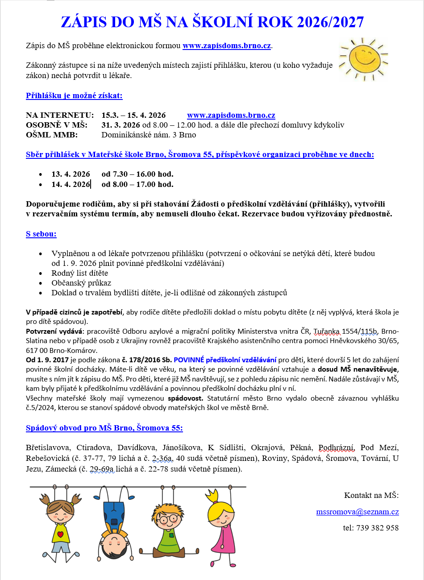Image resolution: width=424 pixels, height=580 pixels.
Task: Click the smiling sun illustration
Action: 362,59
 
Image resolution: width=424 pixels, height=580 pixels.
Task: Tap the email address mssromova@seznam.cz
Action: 357,512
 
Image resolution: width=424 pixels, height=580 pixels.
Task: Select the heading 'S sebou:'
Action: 41,234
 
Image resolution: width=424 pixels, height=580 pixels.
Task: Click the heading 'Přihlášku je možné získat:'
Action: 74,95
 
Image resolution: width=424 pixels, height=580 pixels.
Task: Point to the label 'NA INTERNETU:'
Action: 60,115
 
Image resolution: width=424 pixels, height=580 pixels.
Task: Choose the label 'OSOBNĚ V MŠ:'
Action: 57,125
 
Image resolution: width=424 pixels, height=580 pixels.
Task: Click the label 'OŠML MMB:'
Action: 52,135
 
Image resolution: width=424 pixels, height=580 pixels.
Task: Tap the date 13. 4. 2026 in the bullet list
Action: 71,174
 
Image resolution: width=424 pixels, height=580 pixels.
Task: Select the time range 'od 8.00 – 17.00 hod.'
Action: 137,184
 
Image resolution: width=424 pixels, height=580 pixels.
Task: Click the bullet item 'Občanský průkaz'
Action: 81,283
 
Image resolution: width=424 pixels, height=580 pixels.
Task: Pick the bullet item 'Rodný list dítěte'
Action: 79,273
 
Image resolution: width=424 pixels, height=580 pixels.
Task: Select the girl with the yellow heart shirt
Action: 60,522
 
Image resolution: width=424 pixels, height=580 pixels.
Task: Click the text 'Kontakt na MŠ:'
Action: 371,495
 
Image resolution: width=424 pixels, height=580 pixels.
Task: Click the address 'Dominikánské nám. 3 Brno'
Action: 149,135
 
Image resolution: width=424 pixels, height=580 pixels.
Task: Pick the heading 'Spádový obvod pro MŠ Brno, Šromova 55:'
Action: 104,428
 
